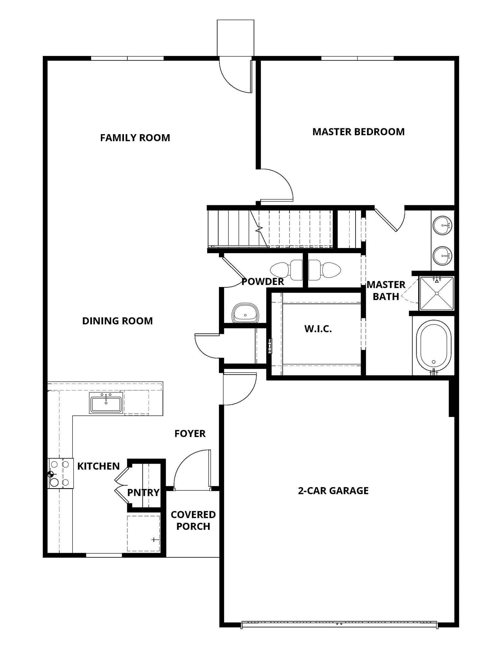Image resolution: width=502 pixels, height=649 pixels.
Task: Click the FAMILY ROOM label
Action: [x=135, y=138]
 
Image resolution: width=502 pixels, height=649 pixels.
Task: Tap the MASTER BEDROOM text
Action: [x=358, y=132]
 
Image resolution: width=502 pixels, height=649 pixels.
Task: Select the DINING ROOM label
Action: [x=118, y=321]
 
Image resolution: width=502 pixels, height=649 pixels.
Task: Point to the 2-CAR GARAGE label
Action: [x=333, y=491]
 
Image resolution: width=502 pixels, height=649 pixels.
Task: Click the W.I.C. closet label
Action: [x=318, y=329]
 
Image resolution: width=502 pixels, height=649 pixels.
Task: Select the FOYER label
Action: [x=190, y=434]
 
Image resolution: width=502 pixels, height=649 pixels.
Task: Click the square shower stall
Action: [x=437, y=293]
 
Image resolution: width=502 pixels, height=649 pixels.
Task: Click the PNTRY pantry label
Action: [x=143, y=493]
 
